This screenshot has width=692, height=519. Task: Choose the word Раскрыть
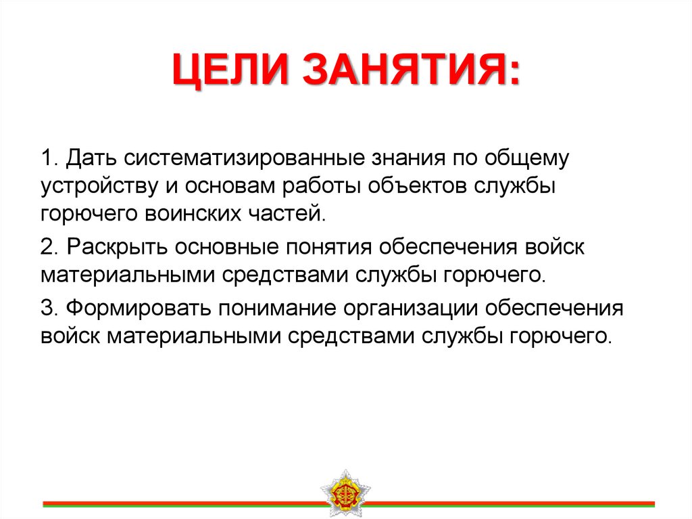118,246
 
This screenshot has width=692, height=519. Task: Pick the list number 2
47,246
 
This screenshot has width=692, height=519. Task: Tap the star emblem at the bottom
345,492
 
